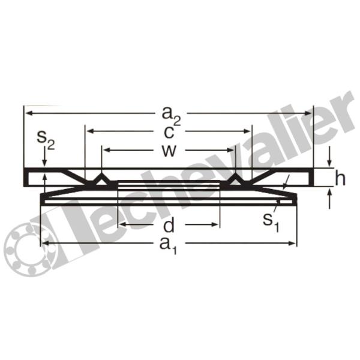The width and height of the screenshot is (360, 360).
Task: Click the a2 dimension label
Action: coord(171,116)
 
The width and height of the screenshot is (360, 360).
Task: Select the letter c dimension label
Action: coord(169,132)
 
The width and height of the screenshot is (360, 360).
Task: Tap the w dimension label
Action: coord(169,151)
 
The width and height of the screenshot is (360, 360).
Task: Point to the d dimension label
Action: coord(169,224)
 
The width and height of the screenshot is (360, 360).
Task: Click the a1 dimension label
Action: coord(169,245)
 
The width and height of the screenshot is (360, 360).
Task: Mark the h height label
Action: coord(340,178)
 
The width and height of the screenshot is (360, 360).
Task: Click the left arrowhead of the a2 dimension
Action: coord(28,113)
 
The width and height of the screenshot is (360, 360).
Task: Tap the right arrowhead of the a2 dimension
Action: coord(308,113)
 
